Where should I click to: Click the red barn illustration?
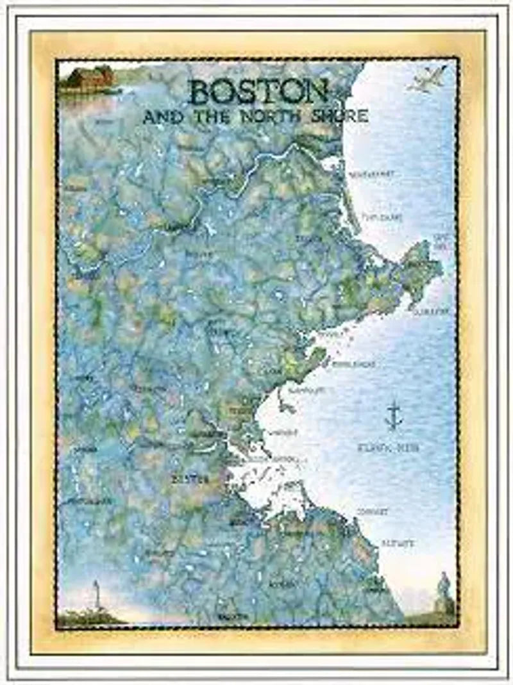pos(88,79)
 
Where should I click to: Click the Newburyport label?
pos(371,174)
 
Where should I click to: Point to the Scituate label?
pos(398,543)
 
